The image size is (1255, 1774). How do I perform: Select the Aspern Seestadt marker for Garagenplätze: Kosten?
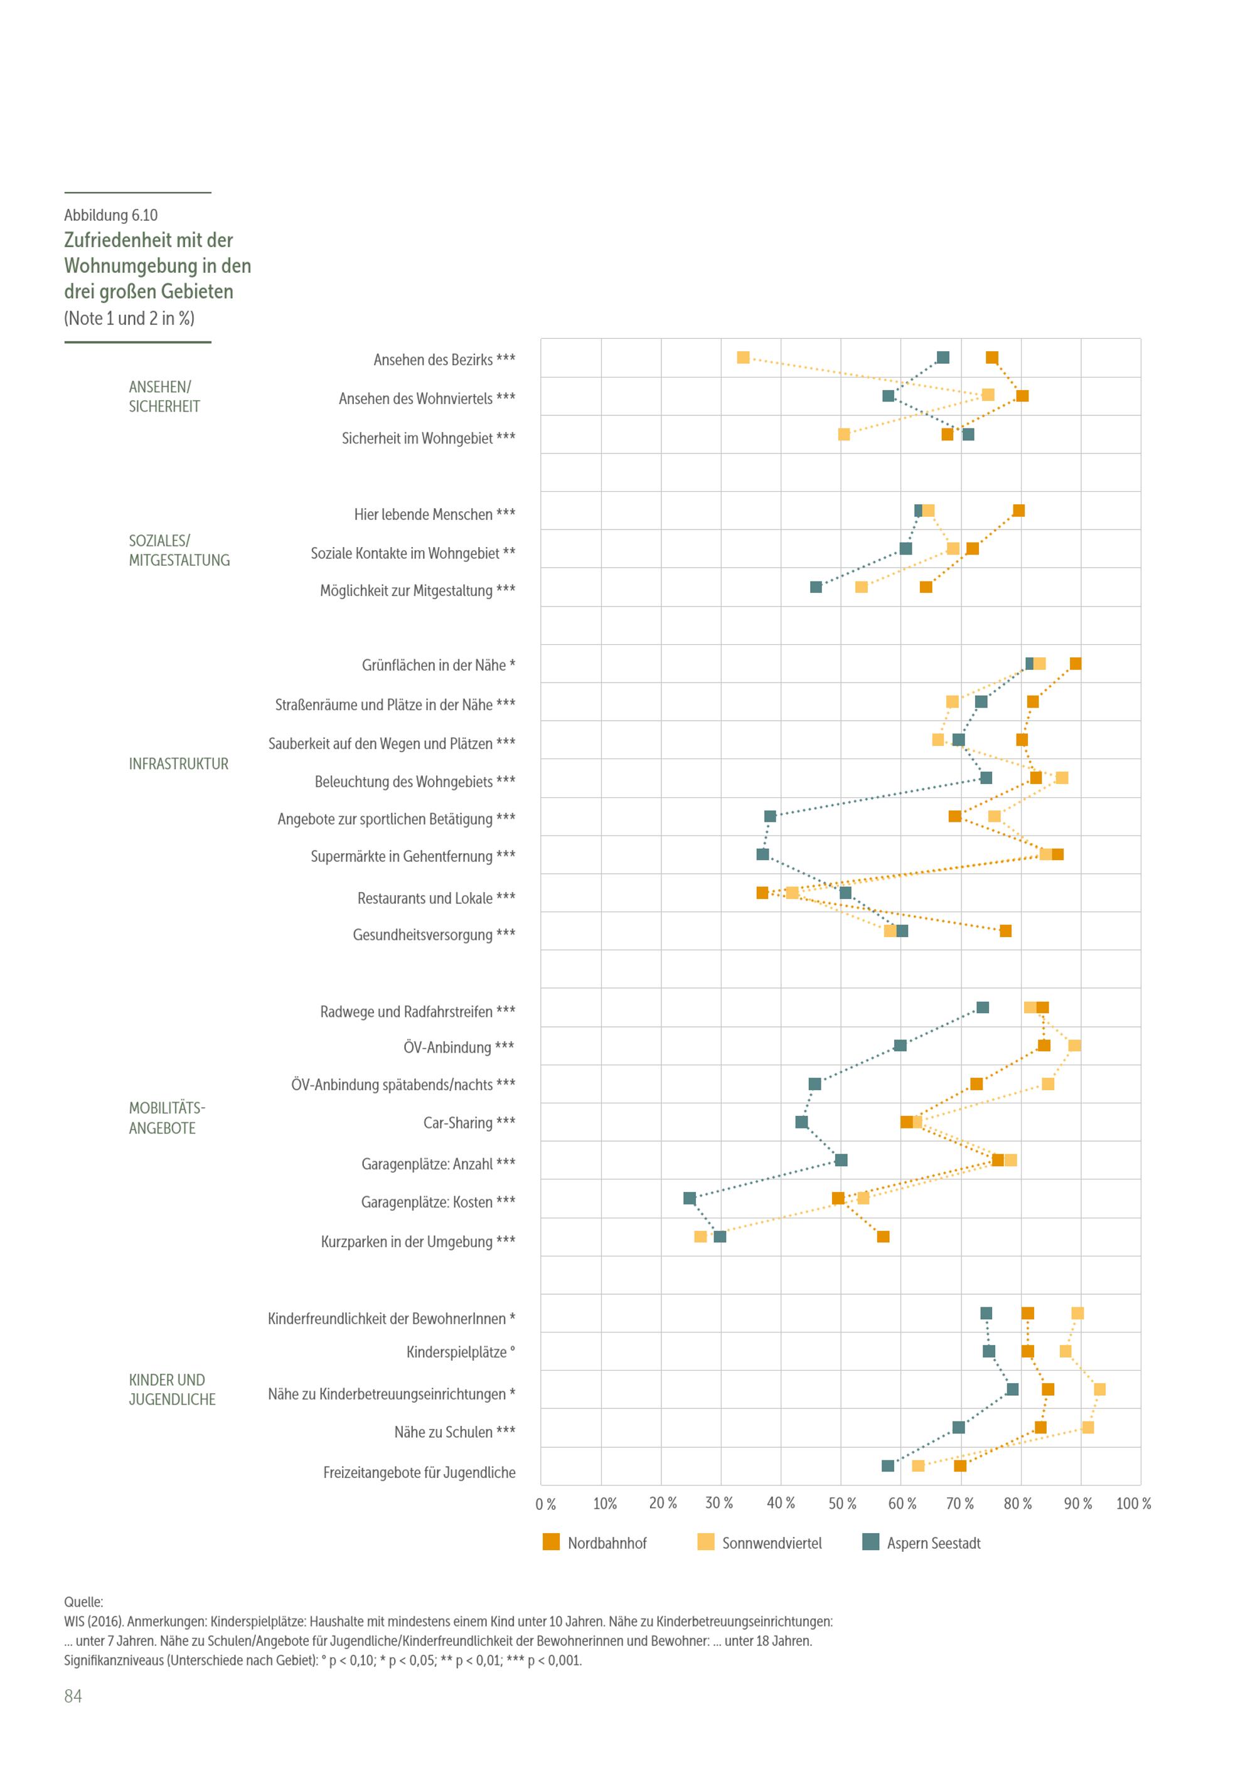pyautogui.click(x=690, y=1198)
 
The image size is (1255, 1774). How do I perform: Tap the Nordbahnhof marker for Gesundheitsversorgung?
pyautogui.click(x=1005, y=931)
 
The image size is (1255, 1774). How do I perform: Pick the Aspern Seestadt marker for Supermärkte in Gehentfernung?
pyautogui.click(x=763, y=854)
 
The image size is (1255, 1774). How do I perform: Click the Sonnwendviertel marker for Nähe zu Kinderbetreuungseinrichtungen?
pyautogui.click(x=1099, y=1389)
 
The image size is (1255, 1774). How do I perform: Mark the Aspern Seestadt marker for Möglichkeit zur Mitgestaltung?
pyautogui.click(x=816, y=587)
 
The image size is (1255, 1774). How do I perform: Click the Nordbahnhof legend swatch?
pyautogui.click(x=551, y=1542)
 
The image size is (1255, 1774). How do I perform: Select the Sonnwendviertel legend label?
pyautogui.click(x=771, y=1543)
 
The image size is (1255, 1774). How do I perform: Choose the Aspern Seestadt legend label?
pyautogui.click(x=934, y=1543)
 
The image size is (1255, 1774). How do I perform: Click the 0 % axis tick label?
pyautogui.click(x=545, y=1504)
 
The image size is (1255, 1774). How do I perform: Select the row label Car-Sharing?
pyautogui.click(x=468, y=1123)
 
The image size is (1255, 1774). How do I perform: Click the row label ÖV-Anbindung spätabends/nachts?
pyautogui.click(x=403, y=1085)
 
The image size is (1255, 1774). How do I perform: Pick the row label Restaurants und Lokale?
pyautogui.click(x=436, y=898)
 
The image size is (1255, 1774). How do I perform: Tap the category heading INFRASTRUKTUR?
pyautogui.click(x=178, y=764)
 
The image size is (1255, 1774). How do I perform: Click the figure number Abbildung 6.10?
pyautogui.click(x=110, y=216)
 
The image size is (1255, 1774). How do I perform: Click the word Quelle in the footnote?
pyautogui.click(x=83, y=1601)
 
